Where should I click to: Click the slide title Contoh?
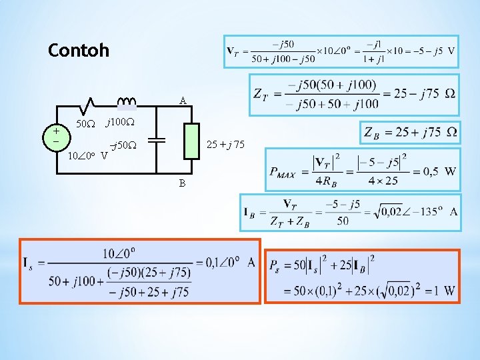click(x=79, y=50)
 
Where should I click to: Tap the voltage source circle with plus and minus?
click(x=56, y=137)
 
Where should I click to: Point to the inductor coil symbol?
click(x=127, y=101)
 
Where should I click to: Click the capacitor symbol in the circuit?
click(x=157, y=140)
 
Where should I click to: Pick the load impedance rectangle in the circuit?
click(x=192, y=141)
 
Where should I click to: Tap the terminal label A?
click(x=183, y=101)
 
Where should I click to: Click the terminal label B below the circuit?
click(x=182, y=183)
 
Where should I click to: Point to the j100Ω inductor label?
click(x=121, y=123)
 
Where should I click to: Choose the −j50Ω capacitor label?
click(x=123, y=145)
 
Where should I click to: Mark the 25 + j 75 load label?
click(x=225, y=144)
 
